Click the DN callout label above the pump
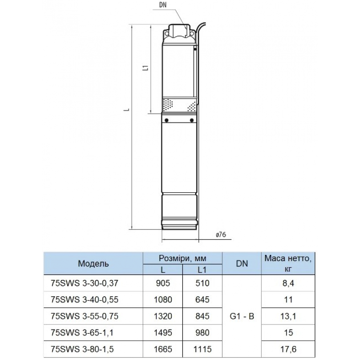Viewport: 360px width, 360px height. coord(163,5)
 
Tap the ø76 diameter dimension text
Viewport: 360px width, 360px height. coord(221,234)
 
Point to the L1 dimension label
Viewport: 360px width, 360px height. coord(145,68)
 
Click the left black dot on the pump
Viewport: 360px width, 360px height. coord(166,120)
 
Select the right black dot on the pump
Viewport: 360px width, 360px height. coord(192,120)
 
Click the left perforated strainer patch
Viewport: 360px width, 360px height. coord(168,104)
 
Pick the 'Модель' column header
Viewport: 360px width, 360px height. coord(93,264)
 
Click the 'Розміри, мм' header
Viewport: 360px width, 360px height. coord(183,258)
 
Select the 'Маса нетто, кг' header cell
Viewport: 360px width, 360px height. coord(288,264)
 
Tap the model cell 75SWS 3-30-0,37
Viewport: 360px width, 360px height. coord(85,283)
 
